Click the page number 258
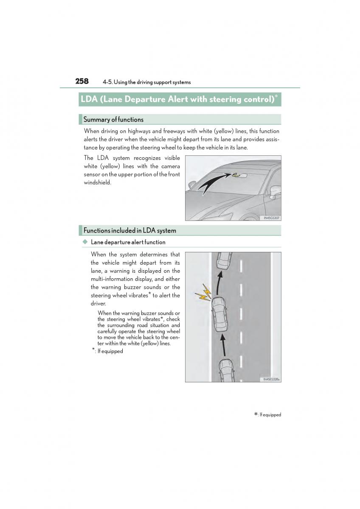click(82, 81)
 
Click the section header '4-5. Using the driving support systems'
click(146, 82)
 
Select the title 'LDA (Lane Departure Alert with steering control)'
click(177, 99)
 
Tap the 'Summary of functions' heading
click(113, 120)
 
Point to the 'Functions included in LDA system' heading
click(129, 231)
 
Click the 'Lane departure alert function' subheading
click(128, 242)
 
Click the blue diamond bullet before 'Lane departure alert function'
click(85, 242)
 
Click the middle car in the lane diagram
click(219, 315)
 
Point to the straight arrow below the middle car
click(222, 344)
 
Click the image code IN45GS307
click(271, 218)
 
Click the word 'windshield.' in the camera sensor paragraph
click(97, 183)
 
